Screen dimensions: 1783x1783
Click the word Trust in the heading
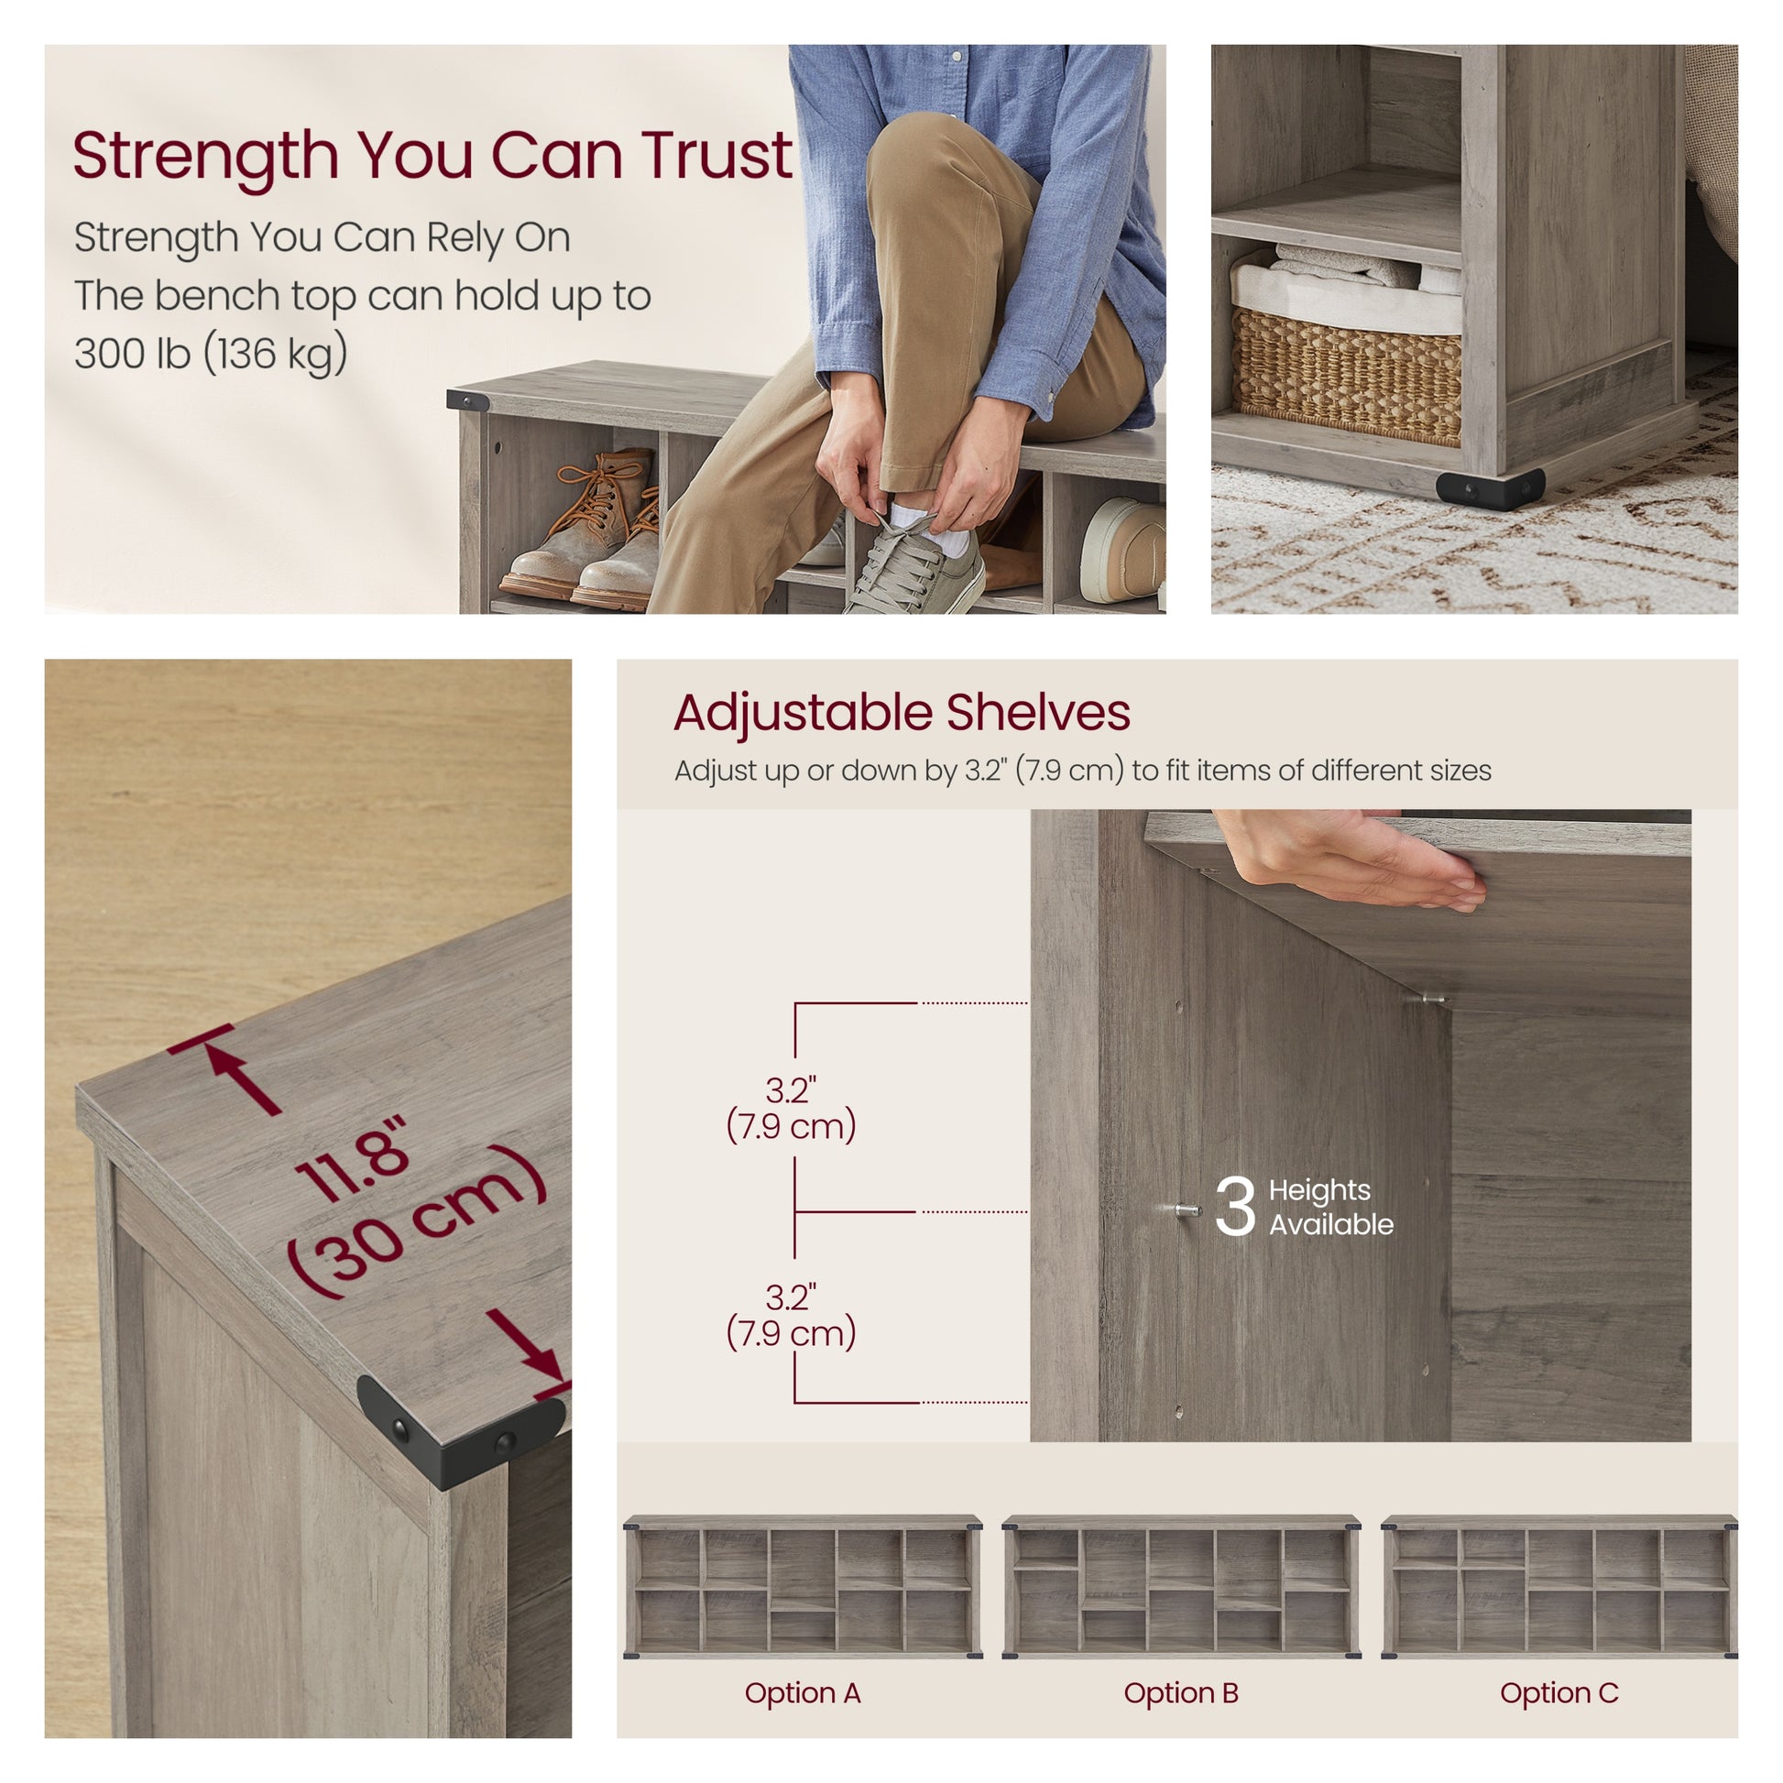tap(717, 154)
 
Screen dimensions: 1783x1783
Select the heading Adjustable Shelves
tap(902, 714)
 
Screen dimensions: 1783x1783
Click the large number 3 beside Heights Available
tap(1235, 1205)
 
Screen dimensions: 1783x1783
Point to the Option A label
tap(802, 1693)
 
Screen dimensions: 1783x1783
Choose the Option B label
tap(1180, 1693)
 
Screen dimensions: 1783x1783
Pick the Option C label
tap(1559, 1693)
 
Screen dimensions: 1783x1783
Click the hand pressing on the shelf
tap(1357, 858)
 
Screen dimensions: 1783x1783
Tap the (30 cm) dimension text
tap(417, 1221)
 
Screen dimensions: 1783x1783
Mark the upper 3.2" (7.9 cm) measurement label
tap(791, 1109)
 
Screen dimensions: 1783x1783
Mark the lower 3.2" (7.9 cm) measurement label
tap(791, 1315)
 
